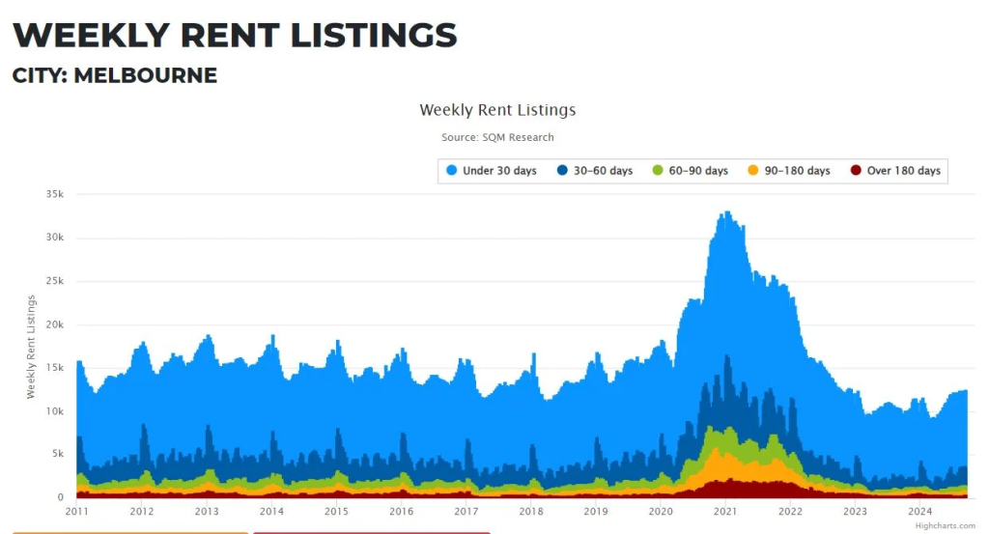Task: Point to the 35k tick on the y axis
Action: [x=54, y=194]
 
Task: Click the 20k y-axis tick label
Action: [x=54, y=324]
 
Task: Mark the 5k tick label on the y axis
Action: [x=57, y=455]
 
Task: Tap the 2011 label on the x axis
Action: [x=76, y=512]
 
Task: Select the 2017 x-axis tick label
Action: [x=466, y=512]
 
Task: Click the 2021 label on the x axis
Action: [x=725, y=512]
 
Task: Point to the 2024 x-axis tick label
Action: [x=919, y=512]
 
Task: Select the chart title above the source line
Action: [x=497, y=110]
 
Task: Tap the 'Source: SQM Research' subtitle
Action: [x=497, y=138]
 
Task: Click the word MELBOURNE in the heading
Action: [x=145, y=75]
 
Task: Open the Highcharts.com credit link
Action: [x=940, y=525]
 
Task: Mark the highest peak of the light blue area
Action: [x=726, y=212]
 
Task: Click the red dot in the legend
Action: [x=855, y=171]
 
